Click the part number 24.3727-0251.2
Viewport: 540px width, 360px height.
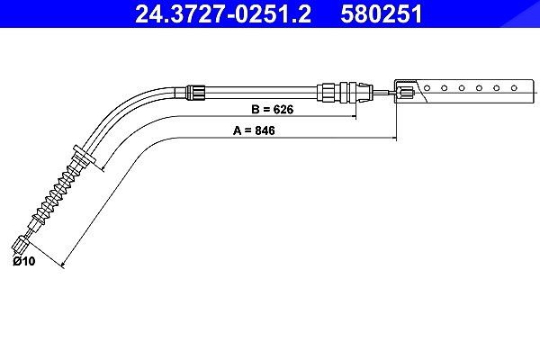[223, 14]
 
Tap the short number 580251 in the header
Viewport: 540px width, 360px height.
[382, 14]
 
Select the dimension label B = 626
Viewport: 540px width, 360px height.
[273, 110]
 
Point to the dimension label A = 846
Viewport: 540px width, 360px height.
[254, 130]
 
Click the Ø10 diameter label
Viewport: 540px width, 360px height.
[23, 261]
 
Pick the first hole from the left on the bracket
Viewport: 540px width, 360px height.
[427, 88]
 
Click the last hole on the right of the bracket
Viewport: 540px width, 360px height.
[514, 88]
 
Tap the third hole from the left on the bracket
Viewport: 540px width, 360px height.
[462, 88]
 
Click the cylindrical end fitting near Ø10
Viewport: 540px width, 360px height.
[20, 244]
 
